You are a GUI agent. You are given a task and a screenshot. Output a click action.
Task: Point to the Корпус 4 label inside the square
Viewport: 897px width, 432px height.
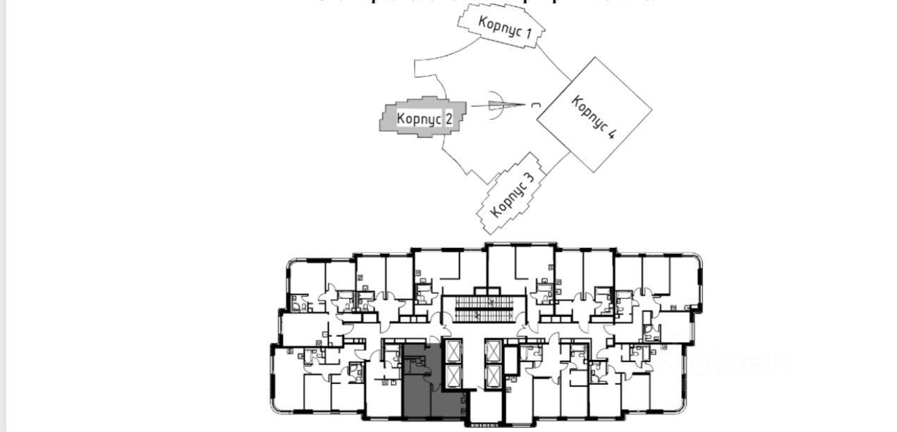click(592, 116)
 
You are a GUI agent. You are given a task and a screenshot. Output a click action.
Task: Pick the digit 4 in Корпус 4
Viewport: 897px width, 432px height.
click(610, 132)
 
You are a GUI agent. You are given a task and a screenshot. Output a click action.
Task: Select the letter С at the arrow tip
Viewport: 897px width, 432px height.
click(536, 105)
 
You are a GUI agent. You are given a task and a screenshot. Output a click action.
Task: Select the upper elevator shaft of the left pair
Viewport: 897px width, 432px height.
click(452, 350)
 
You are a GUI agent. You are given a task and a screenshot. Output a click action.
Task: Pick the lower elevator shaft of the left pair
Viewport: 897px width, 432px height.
click(452, 373)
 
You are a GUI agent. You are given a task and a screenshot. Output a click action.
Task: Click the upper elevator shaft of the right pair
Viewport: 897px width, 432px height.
click(494, 350)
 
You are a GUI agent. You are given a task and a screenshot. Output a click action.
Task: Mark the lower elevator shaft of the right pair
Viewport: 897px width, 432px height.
click(494, 373)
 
